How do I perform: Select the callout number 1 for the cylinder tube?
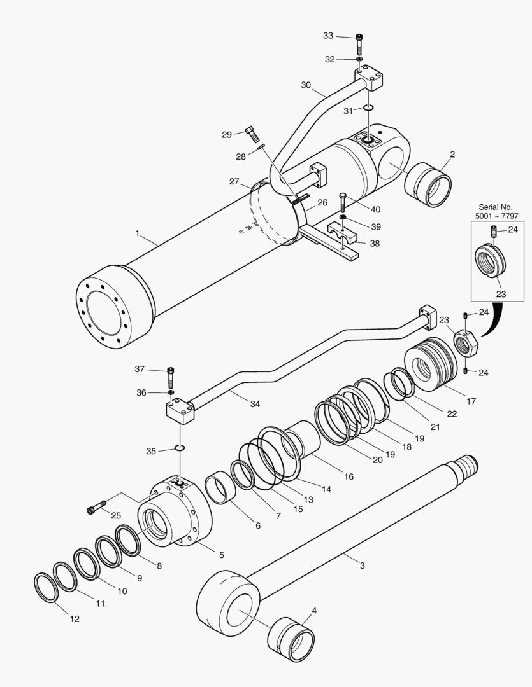click(x=137, y=234)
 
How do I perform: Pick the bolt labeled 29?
click(x=250, y=134)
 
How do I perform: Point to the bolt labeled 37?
click(x=170, y=378)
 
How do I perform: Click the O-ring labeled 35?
click(x=180, y=448)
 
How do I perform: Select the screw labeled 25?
click(x=96, y=508)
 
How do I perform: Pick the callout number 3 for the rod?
click(x=362, y=566)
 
